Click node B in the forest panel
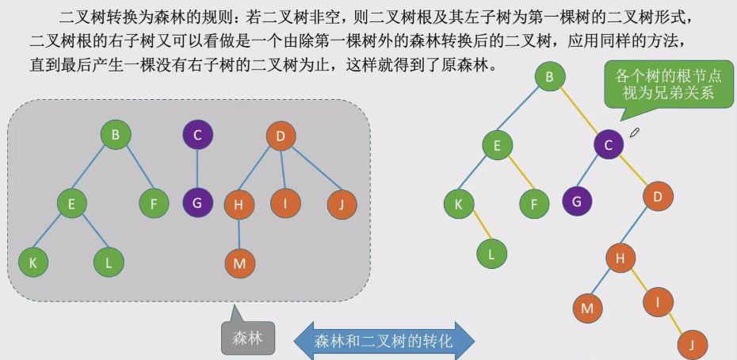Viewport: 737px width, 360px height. (x=116, y=135)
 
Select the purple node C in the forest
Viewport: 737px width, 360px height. (x=197, y=135)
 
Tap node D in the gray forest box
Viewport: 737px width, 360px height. (x=281, y=136)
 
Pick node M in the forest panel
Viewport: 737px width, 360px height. (x=239, y=263)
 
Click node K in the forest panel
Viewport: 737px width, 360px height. (x=33, y=262)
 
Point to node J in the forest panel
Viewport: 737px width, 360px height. (x=342, y=205)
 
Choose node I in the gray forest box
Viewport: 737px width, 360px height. (x=284, y=204)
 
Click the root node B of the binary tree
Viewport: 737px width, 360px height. (x=549, y=77)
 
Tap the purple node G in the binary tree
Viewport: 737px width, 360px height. (x=577, y=201)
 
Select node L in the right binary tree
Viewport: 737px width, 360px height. (x=491, y=254)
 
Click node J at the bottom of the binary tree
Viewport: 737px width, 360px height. (x=692, y=345)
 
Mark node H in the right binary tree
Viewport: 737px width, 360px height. (x=621, y=257)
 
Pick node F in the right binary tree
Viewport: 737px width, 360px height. (x=534, y=204)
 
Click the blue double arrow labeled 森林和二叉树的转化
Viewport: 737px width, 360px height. (x=384, y=342)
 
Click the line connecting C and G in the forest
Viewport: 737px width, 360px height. (x=197, y=168)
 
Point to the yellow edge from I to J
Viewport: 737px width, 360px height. (x=675, y=323)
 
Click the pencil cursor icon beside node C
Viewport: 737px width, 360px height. (x=634, y=132)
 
